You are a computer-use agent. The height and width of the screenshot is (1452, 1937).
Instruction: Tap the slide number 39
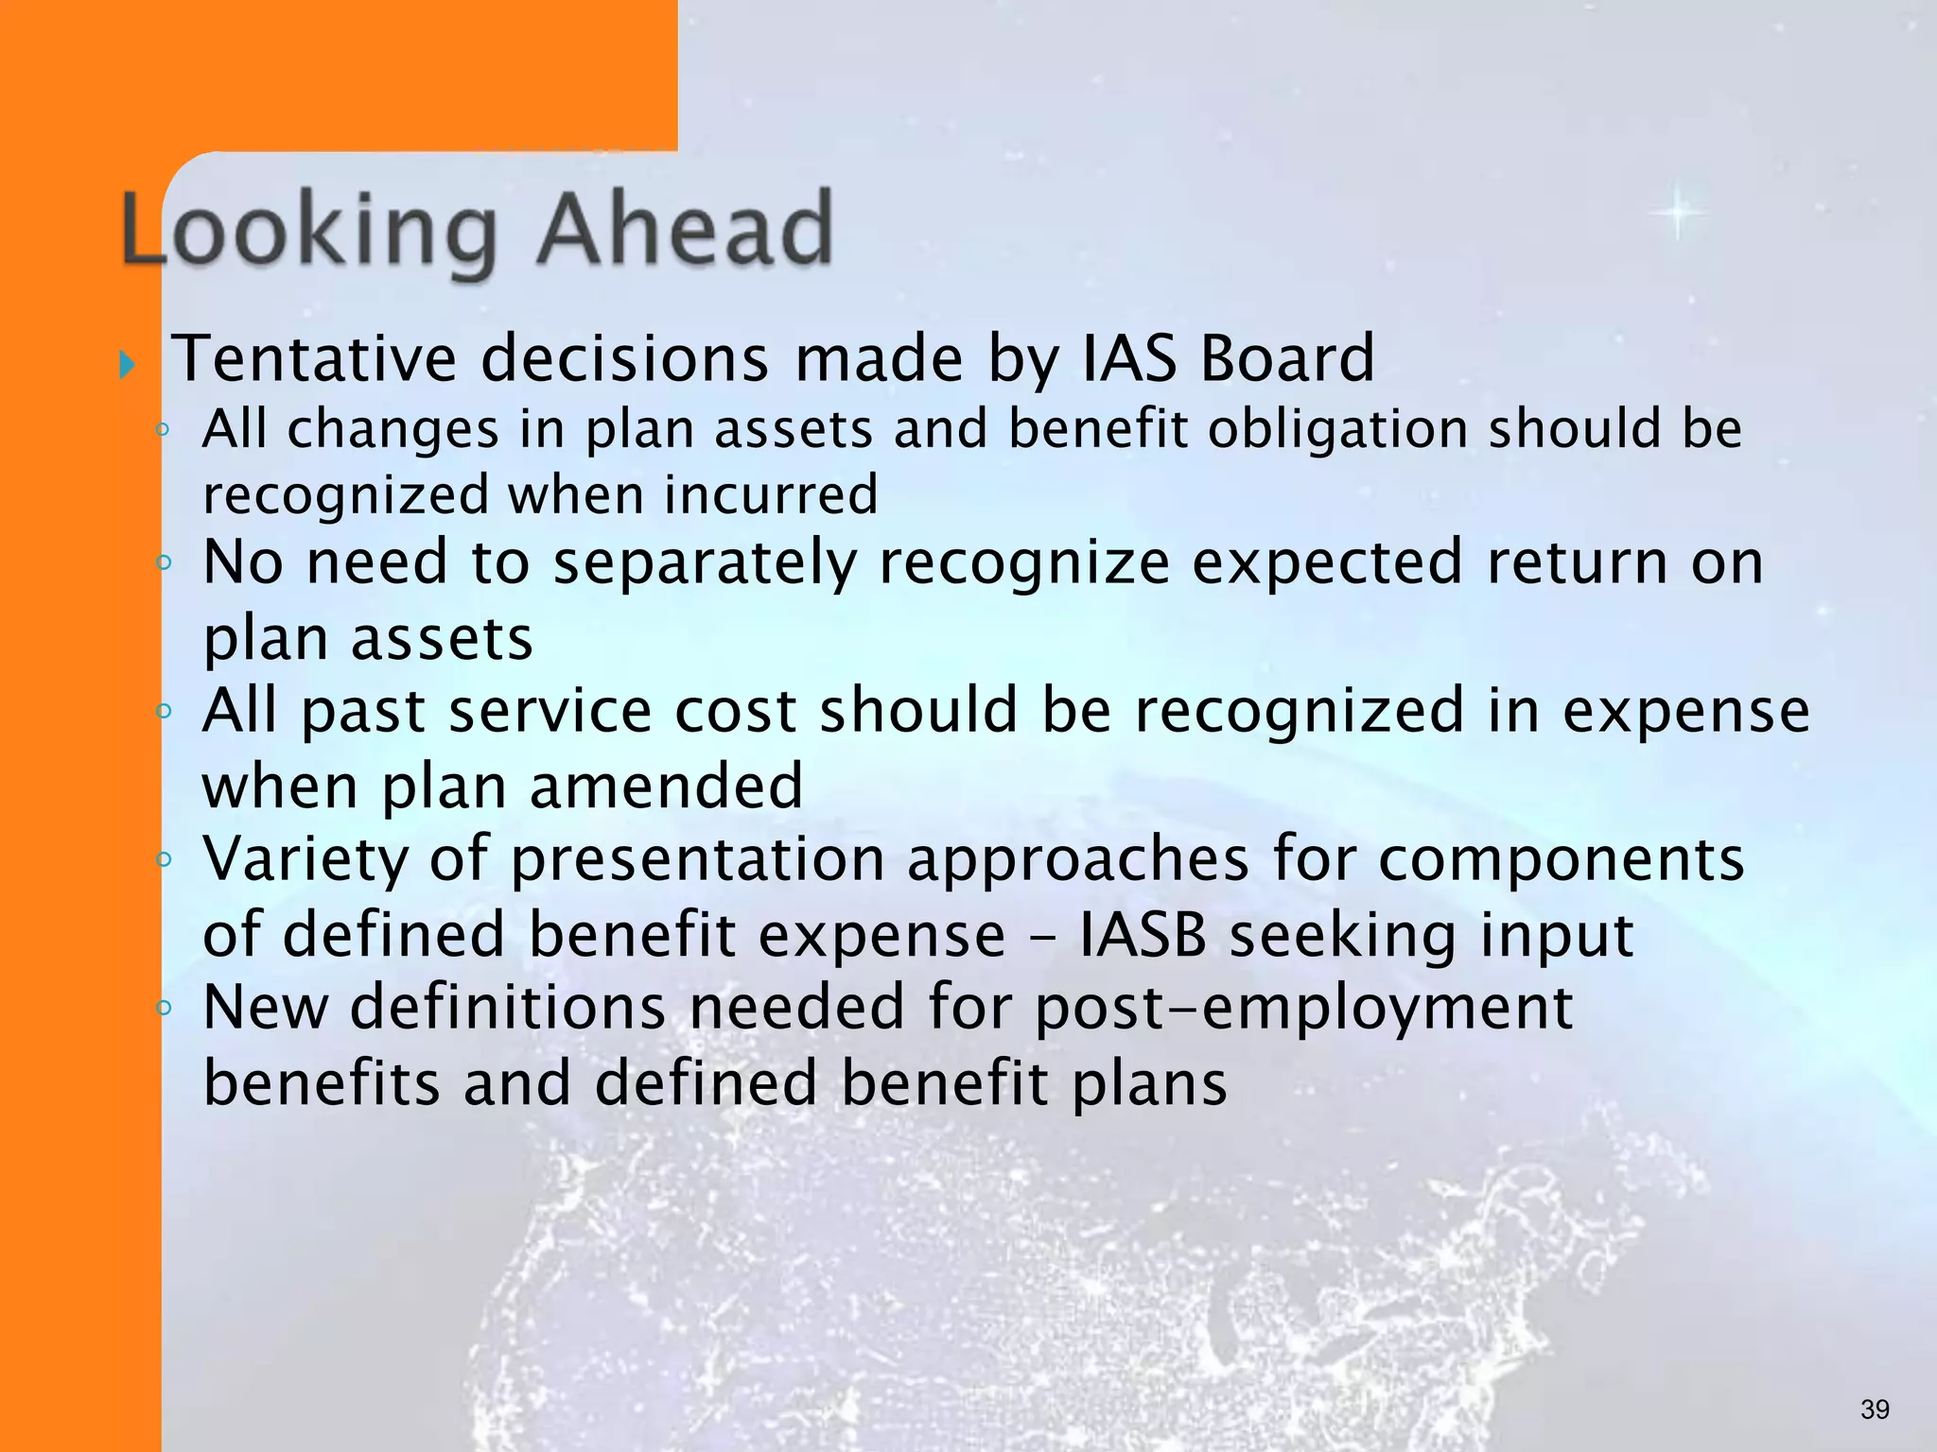coord(1874,1409)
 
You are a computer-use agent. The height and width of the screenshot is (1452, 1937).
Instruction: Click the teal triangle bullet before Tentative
coord(128,364)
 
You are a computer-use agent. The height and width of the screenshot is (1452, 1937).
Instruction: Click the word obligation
coord(1337,430)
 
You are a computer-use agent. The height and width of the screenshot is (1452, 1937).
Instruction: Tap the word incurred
coord(771,494)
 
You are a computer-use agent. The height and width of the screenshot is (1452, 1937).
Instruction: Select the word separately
coord(705,564)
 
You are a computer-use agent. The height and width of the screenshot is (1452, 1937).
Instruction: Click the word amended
coord(666,786)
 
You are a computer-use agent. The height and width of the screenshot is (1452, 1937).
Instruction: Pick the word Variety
coord(305,860)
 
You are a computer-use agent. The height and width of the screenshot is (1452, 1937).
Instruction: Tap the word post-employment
coord(1303,1009)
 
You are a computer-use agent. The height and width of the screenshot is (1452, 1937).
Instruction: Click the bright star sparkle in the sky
coord(1679,213)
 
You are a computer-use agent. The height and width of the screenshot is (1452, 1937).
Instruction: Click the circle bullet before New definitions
coord(164,1008)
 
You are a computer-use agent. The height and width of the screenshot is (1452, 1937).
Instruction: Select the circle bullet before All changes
coord(163,430)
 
